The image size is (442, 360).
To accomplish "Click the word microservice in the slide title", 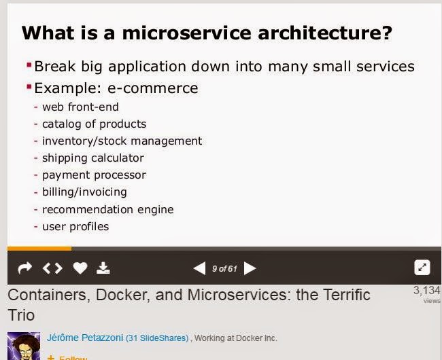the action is pyautogui.click(x=186, y=33).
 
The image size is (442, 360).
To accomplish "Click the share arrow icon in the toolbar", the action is pyautogui.click(x=24, y=268).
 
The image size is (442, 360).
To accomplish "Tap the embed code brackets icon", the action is pyautogui.click(x=52, y=268).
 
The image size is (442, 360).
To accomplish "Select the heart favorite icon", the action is pyautogui.click(x=80, y=268).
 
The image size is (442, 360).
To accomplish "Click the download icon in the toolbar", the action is pyautogui.click(x=103, y=268).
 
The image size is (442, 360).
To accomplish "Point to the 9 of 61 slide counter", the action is pyautogui.click(x=224, y=268).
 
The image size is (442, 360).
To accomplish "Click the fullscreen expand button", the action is pyautogui.click(x=422, y=268).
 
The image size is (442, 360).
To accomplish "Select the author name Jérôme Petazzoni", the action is pyautogui.click(x=85, y=338).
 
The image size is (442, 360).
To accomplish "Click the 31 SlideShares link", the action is pyautogui.click(x=157, y=338).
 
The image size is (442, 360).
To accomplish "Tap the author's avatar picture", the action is pyautogui.click(x=24, y=346).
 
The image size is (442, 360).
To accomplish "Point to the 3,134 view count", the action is pyautogui.click(x=427, y=291).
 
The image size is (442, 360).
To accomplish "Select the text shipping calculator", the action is pyautogui.click(x=93, y=158).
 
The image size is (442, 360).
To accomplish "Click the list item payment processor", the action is pyautogui.click(x=94, y=175).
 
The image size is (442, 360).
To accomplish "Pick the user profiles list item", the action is pyautogui.click(x=75, y=227).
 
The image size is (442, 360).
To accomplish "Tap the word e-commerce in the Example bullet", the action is pyautogui.click(x=153, y=88).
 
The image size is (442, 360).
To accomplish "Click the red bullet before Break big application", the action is pyautogui.click(x=29, y=65).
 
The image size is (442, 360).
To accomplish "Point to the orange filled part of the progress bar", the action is pyautogui.click(x=39, y=249).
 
